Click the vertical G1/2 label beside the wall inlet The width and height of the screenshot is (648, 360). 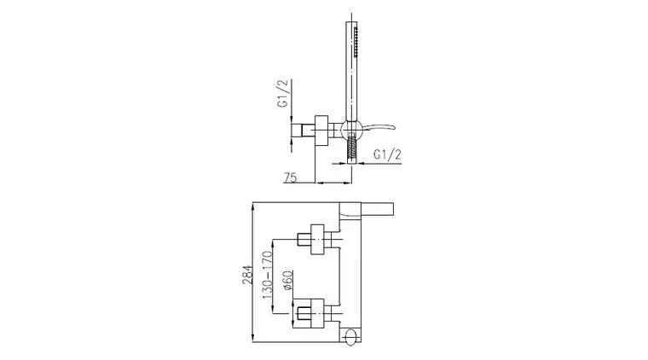[282, 93]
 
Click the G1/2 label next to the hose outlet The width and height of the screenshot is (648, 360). [387, 154]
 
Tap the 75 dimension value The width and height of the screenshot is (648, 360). [290, 177]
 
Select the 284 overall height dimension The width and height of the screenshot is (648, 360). [246, 275]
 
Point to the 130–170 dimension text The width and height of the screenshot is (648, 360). [268, 275]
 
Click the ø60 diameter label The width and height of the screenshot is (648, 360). [288, 281]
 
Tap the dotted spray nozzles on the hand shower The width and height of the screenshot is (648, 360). [356, 42]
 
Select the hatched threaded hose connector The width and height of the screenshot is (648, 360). [351, 147]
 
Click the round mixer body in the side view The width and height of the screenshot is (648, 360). [351, 129]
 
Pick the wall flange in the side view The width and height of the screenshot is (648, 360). [321, 131]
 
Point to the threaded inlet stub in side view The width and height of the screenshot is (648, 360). [303, 131]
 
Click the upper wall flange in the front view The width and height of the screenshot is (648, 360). [317, 240]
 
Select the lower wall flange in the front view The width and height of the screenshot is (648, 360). [317, 313]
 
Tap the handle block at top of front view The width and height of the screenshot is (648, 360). [366, 210]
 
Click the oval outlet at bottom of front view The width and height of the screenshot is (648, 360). [351, 335]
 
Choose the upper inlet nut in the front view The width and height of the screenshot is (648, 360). [304, 240]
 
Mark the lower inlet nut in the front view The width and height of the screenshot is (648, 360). [303, 313]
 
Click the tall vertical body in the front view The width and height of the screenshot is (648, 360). [350, 273]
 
